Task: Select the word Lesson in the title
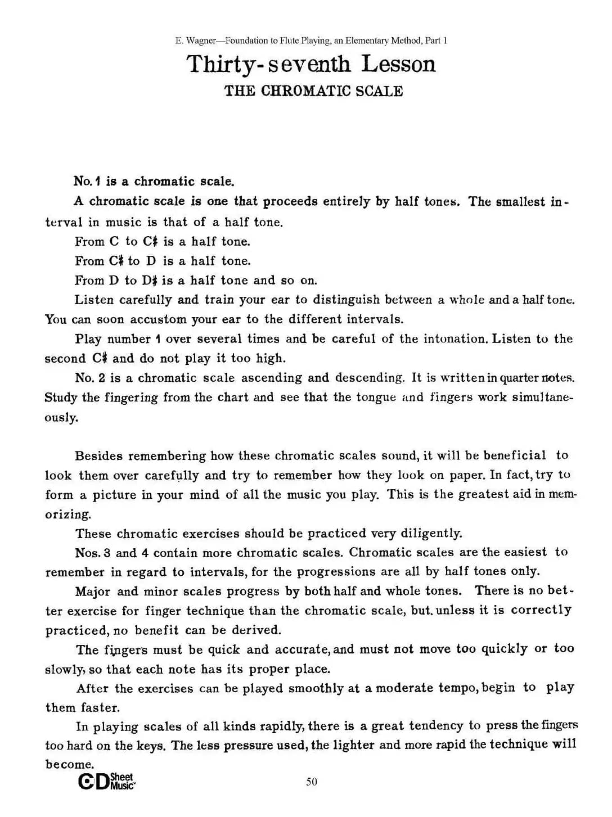point(398,64)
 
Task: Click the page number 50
point(312,782)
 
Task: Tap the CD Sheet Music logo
point(107,782)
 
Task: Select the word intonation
point(455,339)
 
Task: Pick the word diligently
point(431,533)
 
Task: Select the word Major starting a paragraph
point(93,592)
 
